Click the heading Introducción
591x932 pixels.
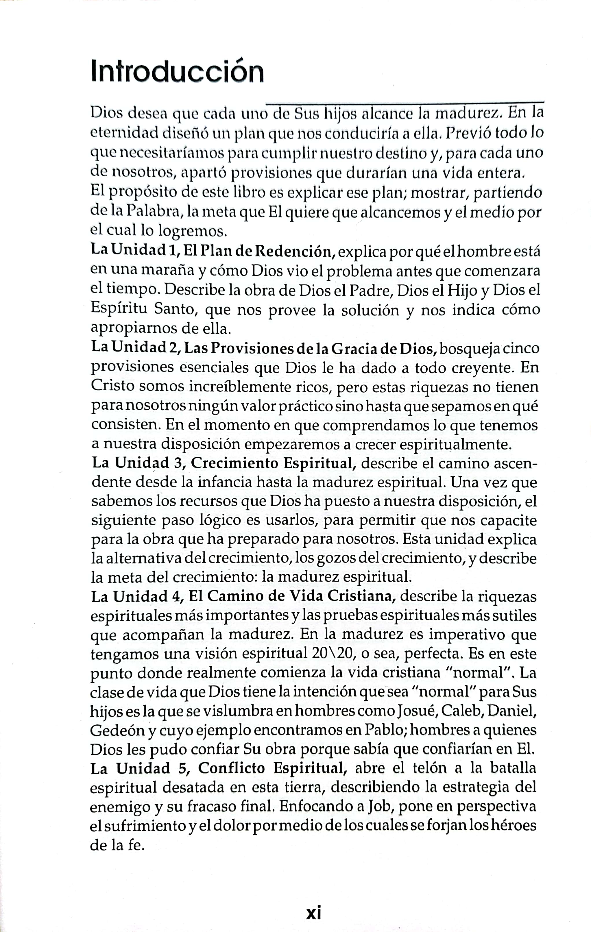pyautogui.click(x=177, y=72)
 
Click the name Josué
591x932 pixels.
pyautogui.click(x=417, y=711)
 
